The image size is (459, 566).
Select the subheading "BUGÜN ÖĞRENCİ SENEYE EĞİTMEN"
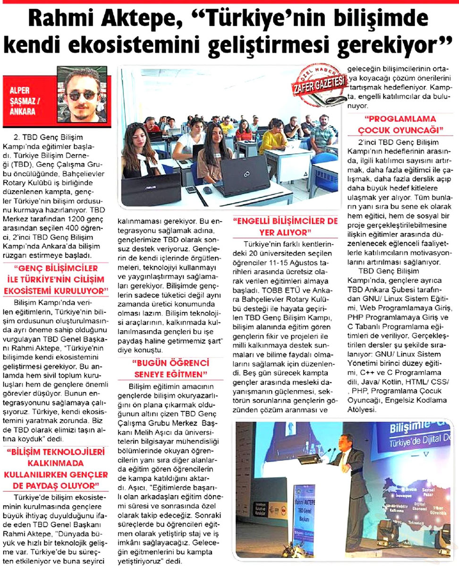(x=170, y=369)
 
